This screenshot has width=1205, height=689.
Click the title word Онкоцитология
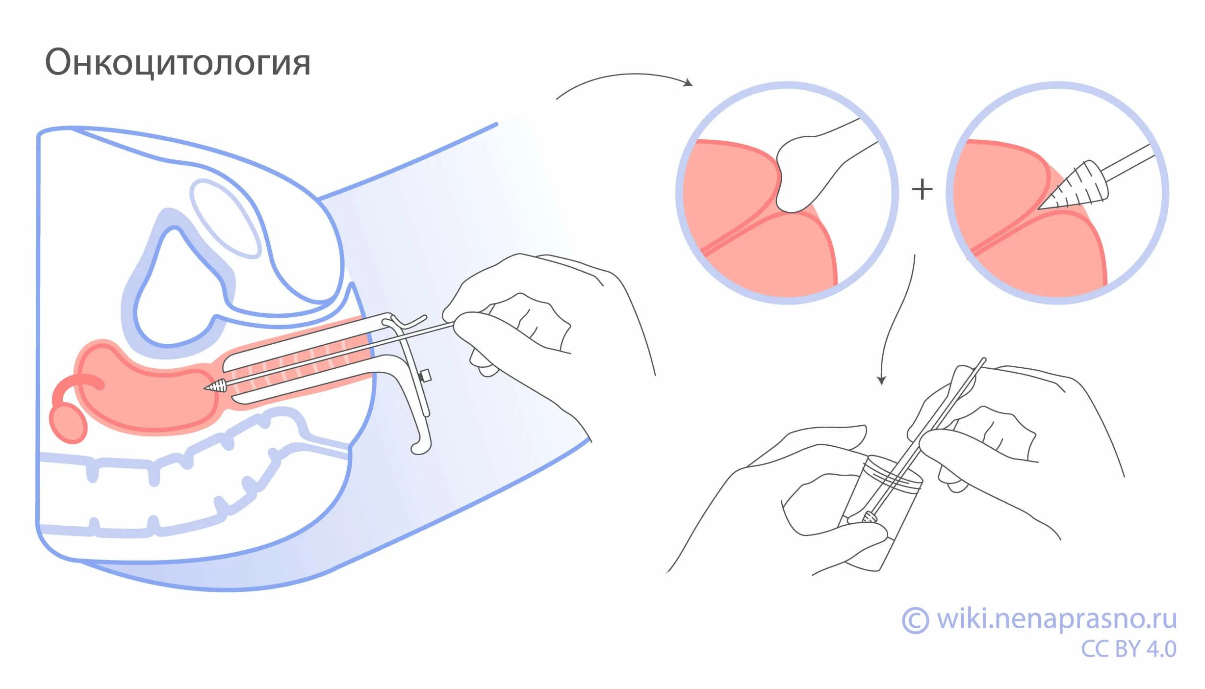pos(178,63)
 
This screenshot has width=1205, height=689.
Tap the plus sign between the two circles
pos(922,189)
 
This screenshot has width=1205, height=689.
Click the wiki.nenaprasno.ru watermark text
pos(1056,619)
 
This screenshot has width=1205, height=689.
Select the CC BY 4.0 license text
pos(1128,649)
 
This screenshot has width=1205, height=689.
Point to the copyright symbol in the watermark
pos(915,620)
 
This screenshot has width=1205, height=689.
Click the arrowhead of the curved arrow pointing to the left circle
pos(689,83)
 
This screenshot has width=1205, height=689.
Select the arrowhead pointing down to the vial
pos(881,380)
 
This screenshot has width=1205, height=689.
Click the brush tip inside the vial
pos(870,516)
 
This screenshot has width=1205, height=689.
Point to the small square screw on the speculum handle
pos(425,376)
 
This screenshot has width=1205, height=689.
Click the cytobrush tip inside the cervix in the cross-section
pos(216,386)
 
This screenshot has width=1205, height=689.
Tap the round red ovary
pos(68,424)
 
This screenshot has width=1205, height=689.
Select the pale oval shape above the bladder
pos(225,218)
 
